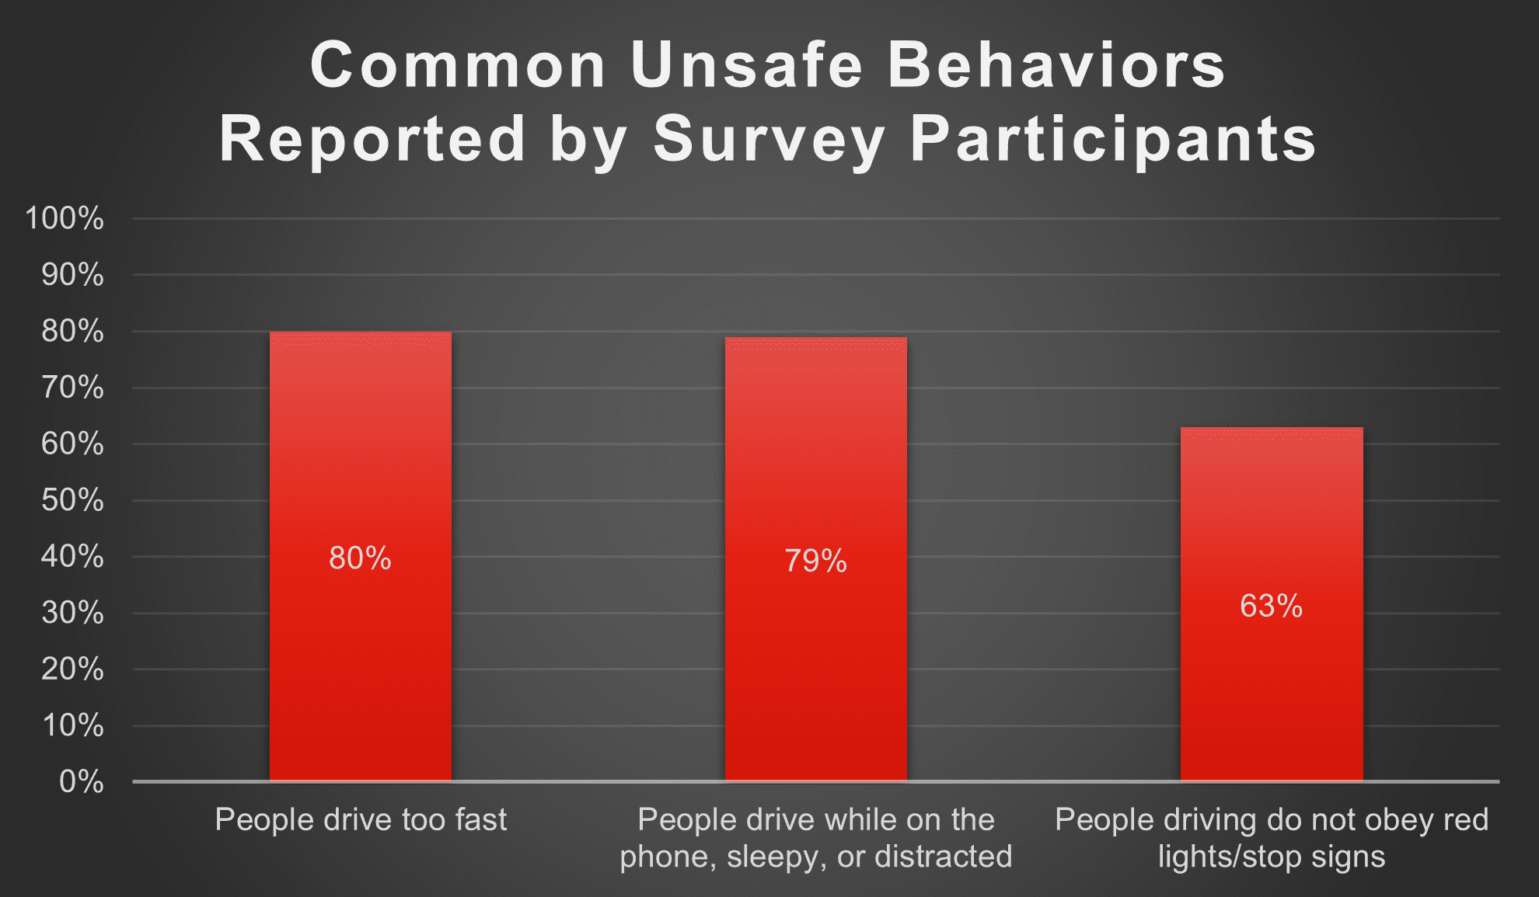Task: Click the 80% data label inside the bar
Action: pos(360,558)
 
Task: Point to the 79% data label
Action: pos(815,561)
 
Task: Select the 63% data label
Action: pos(1272,606)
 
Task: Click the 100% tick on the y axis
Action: pos(65,218)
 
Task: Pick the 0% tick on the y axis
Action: pos(81,781)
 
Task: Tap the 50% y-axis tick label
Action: pos(72,500)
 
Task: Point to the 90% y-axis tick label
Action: pos(72,275)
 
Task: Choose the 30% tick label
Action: pos(72,613)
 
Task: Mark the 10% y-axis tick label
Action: pos(72,725)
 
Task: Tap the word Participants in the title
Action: pos(1113,139)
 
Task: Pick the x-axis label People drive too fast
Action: pos(361,819)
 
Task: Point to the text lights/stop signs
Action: pos(1272,856)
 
